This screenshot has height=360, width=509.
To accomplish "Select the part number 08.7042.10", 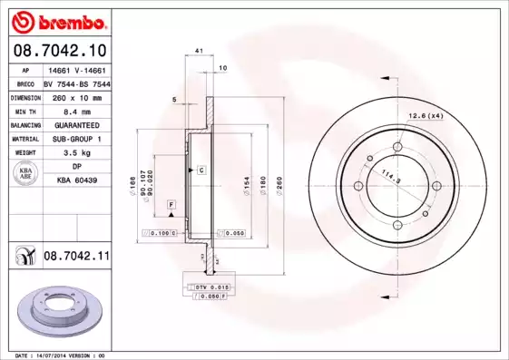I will click(59, 50).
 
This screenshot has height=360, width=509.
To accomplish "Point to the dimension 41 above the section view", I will click(198, 54).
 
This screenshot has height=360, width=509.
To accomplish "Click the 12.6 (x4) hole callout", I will click(424, 114).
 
